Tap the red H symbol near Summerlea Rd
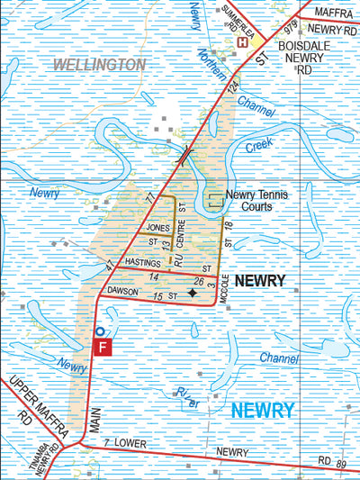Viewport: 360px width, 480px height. click(242, 41)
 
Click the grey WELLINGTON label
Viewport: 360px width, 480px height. click(99, 65)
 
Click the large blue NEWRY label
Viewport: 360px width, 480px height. click(262, 411)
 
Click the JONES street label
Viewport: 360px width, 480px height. click(157, 229)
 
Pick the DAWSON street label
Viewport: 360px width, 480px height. click(123, 291)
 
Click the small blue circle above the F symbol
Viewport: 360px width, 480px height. click(99, 331)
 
